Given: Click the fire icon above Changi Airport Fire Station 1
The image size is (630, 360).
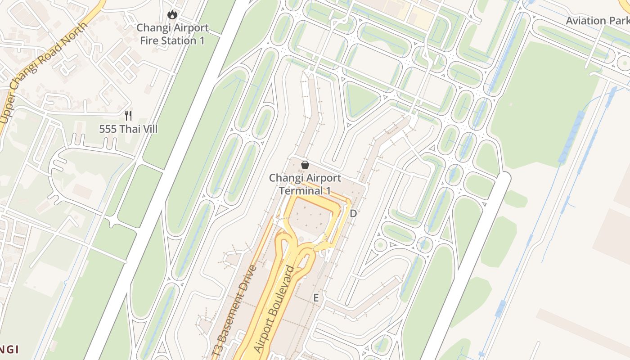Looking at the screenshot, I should click(172, 15).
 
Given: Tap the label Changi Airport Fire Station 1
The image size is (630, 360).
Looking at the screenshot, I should click(173, 34).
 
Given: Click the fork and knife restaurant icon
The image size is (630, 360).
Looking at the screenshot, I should click(128, 116).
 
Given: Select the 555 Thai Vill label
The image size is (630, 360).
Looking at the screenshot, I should click(128, 129).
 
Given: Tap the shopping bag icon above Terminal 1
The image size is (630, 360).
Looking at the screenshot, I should click(305, 165).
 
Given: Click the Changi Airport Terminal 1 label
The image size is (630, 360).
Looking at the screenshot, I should click(305, 184).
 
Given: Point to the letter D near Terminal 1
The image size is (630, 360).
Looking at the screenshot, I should click(353, 214).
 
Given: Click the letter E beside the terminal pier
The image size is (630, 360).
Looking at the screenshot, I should click(316, 298).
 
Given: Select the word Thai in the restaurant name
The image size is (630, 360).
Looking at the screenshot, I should click(129, 129).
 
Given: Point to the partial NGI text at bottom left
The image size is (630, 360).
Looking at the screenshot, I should click(9, 349).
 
